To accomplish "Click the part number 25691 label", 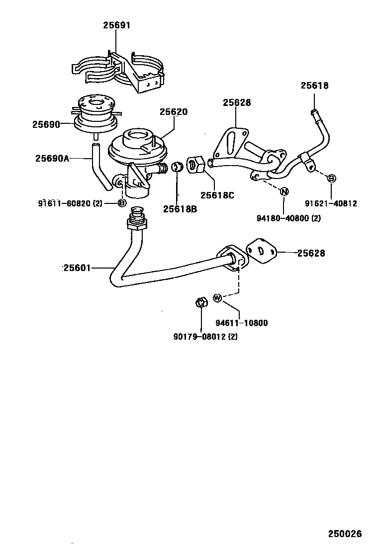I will pyautogui.click(x=117, y=25).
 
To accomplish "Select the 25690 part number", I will pyautogui.click(x=46, y=124).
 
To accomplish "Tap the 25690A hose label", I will pyautogui.click(x=52, y=159).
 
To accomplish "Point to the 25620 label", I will pyautogui.click(x=174, y=112).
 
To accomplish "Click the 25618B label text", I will pyautogui.click(x=180, y=209).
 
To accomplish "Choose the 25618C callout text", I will pyautogui.click(x=217, y=195).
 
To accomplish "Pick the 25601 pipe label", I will pyautogui.click(x=77, y=268).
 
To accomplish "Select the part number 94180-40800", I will pyautogui.click(x=282, y=217).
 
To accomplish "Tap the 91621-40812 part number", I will pyautogui.click(x=331, y=203).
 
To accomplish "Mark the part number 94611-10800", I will pyautogui.click(x=241, y=323).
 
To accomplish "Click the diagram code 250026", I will pyautogui.click(x=345, y=534).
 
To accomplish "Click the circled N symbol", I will pyautogui.click(x=284, y=192).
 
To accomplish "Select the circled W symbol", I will pyautogui.click(x=217, y=298).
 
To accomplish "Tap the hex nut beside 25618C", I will pyautogui.click(x=195, y=165).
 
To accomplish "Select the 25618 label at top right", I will pyautogui.click(x=314, y=86).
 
